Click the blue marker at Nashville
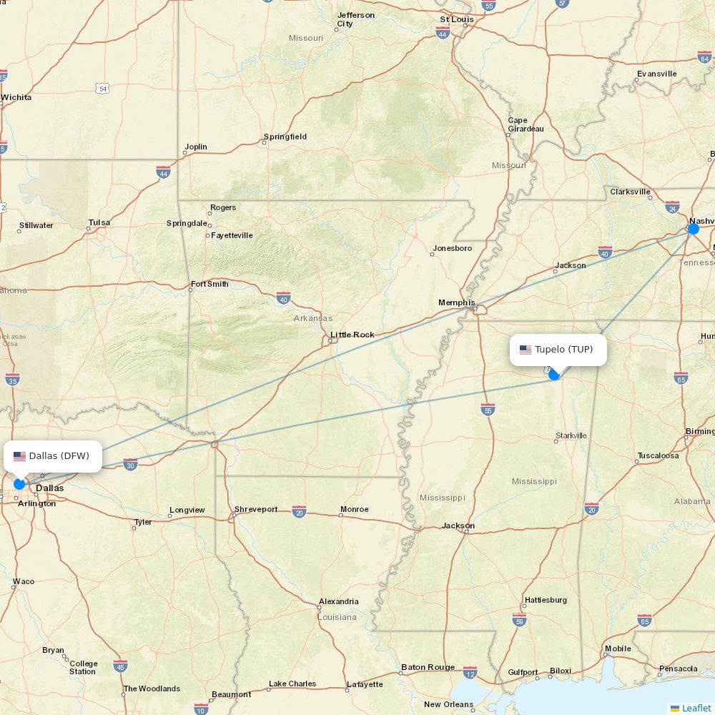point(693,229)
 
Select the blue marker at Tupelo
point(554,375)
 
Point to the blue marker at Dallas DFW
point(19,484)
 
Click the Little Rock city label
point(352,335)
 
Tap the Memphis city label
point(456,302)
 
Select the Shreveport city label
point(256,509)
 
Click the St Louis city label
point(457,19)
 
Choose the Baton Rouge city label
point(428,667)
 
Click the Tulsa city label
point(99,222)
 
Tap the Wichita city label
point(16,97)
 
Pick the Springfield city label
point(285,137)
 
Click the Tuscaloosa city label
point(658,455)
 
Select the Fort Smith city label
point(209,284)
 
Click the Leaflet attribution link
point(696,708)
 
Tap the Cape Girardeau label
point(526,124)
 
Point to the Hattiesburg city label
point(546,600)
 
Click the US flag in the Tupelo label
point(526,350)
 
